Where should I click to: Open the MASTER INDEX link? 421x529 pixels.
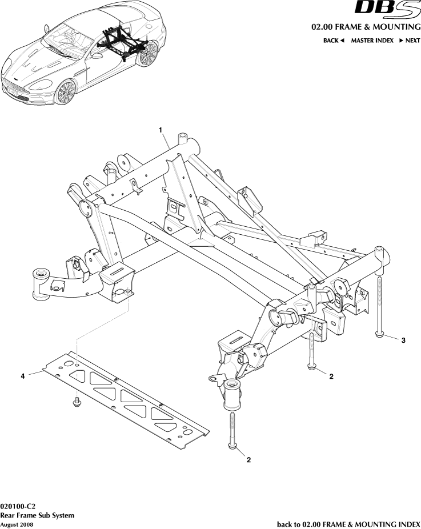(x=372, y=41)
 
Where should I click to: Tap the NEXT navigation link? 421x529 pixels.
(x=410, y=41)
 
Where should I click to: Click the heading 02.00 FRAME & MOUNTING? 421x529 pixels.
(x=366, y=27)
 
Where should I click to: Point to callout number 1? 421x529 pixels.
(x=162, y=130)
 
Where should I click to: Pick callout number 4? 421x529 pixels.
(x=23, y=376)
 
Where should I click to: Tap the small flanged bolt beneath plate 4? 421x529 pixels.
(x=76, y=403)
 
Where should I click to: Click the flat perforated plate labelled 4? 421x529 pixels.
(x=126, y=400)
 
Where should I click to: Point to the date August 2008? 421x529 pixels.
(x=17, y=524)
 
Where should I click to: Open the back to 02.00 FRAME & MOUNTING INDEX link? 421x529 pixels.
(x=348, y=524)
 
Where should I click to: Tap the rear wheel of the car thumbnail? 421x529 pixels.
(x=148, y=54)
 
